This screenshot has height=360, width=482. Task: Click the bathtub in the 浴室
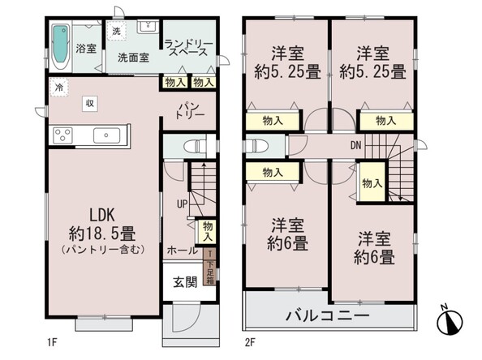[x=60, y=47]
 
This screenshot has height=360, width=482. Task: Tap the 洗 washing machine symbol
[x=117, y=31]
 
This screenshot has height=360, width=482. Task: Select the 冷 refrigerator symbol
[x=58, y=88]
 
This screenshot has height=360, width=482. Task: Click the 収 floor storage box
[x=90, y=103]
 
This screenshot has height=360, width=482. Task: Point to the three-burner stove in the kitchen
[x=62, y=135]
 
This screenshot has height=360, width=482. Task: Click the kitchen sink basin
[x=106, y=135]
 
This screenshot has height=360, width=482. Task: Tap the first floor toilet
[x=196, y=146]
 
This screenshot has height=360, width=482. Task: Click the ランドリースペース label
[x=188, y=48]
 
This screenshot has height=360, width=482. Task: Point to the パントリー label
[x=190, y=111]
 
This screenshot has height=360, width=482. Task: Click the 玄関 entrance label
[x=185, y=282]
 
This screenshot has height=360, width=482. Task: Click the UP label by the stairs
[x=182, y=204]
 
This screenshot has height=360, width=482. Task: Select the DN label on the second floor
[x=356, y=145]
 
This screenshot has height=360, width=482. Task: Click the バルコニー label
[x=327, y=315]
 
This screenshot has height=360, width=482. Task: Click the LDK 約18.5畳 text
[x=103, y=225]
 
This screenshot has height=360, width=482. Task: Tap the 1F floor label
[x=52, y=342]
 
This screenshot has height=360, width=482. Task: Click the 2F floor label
[x=250, y=342]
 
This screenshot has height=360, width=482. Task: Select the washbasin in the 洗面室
[x=148, y=27]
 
